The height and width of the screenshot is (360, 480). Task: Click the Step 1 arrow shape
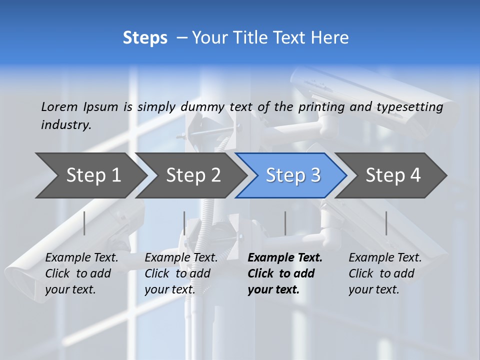[x=93, y=175]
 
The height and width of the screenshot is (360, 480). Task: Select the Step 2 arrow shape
[x=193, y=175]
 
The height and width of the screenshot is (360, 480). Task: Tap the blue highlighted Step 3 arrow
[x=292, y=175]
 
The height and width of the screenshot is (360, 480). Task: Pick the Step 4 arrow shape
[x=392, y=175]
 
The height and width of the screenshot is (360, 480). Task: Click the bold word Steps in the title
[x=145, y=38]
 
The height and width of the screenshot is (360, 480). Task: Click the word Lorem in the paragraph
[x=59, y=106]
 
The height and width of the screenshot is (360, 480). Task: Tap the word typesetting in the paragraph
[x=410, y=106]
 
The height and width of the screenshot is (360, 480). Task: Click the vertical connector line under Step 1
[x=84, y=223]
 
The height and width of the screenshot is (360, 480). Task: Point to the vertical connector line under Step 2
[x=184, y=223]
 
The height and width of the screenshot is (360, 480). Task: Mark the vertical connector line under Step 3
[x=285, y=223]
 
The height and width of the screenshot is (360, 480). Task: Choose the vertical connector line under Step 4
[x=386, y=223]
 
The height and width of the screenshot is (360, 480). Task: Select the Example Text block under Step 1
[x=81, y=273]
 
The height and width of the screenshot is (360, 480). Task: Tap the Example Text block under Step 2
[x=181, y=273]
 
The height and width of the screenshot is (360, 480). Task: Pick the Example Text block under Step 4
[x=385, y=273]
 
